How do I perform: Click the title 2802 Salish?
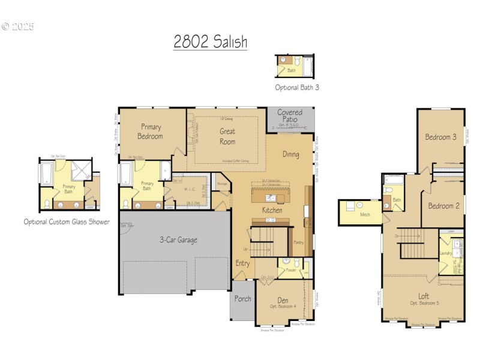click(210, 42)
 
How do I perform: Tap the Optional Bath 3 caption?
click(297, 87)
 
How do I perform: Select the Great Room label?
click(227, 136)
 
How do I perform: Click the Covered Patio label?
click(290, 116)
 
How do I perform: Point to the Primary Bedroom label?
click(151, 131)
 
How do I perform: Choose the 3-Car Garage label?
click(178, 240)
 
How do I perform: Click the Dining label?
click(291, 154)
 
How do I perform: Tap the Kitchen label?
click(272, 211)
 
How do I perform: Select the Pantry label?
click(298, 242)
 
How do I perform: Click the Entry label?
click(242, 263)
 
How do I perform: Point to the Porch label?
click(242, 299)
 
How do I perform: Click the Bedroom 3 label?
click(441, 137)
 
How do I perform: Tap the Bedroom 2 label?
click(443, 206)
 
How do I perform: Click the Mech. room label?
click(365, 214)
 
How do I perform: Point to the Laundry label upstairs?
click(445, 253)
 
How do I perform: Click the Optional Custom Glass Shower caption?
click(67, 221)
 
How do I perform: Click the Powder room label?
click(291, 270)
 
